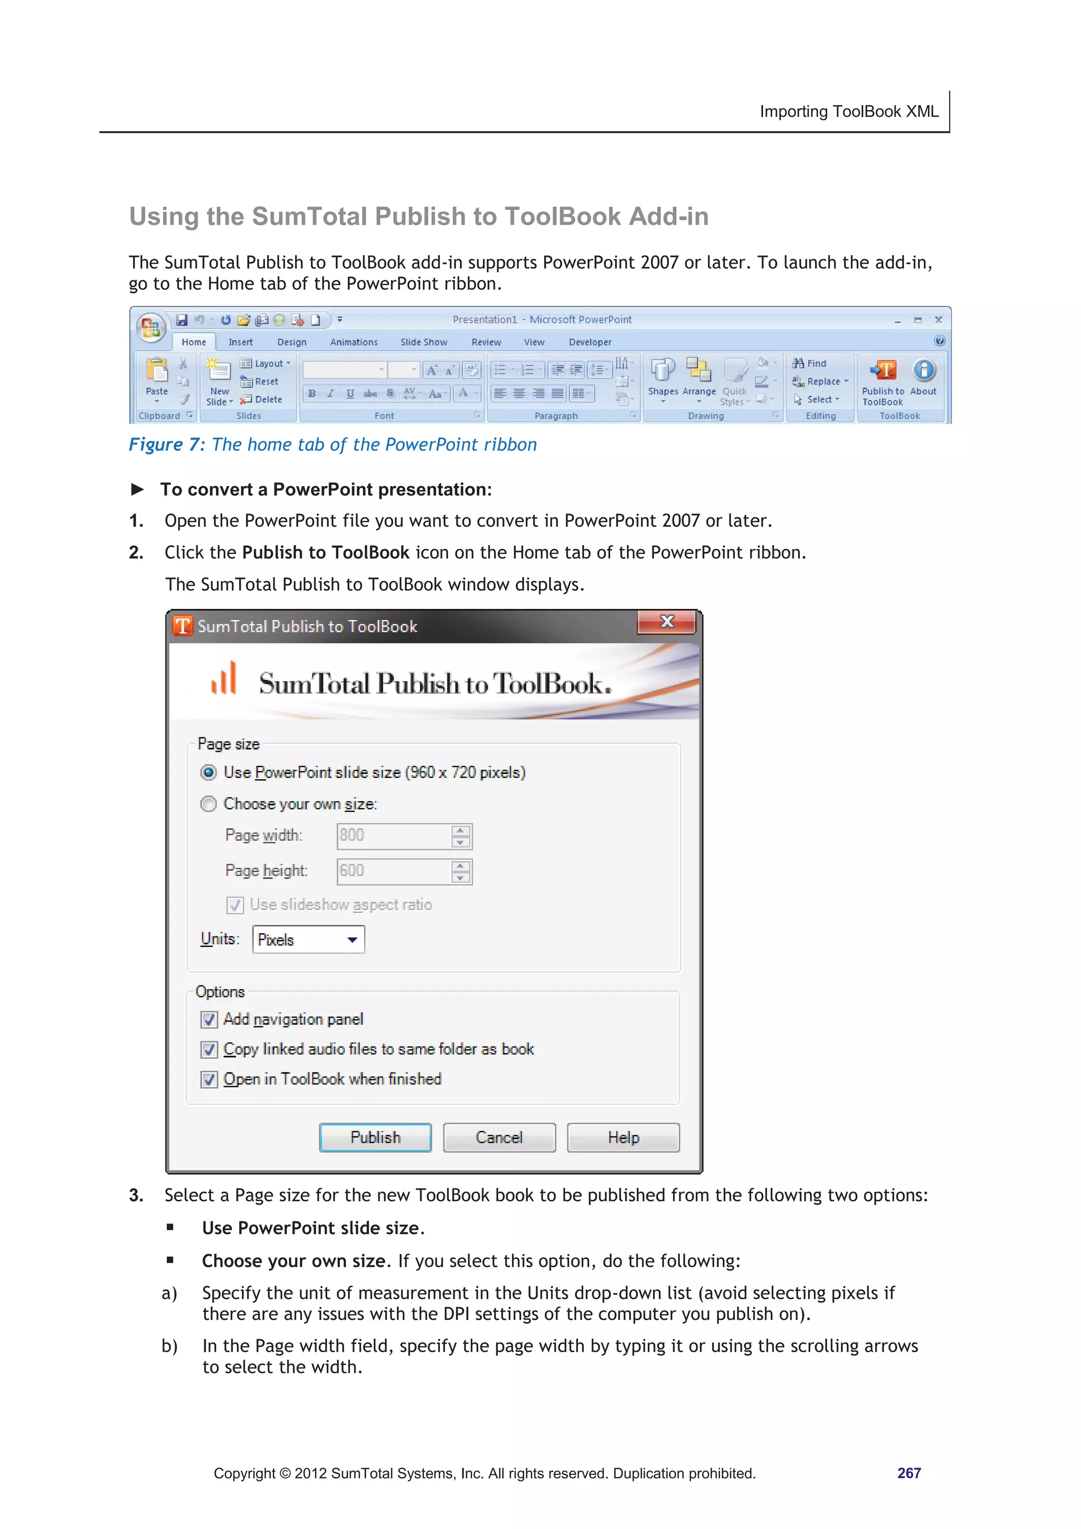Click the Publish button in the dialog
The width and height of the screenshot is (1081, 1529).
pos(375,1137)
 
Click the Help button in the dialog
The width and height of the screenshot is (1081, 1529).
pos(623,1137)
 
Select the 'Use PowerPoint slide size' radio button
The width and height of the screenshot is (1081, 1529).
pos(208,773)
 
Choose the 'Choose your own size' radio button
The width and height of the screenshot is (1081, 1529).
pos(208,804)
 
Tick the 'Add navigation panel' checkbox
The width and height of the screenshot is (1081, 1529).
pos(209,1020)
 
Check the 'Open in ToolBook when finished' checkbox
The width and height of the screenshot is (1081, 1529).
pos(209,1079)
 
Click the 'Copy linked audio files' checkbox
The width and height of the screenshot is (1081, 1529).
pos(209,1050)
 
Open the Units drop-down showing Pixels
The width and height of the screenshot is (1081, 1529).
pos(308,939)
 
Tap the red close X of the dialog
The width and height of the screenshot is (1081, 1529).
pos(667,622)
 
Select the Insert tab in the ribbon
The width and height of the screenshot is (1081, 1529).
pos(241,343)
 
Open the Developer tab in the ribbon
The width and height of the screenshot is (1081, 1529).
pos(590,343)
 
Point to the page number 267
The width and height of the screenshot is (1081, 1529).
pos(908,1473)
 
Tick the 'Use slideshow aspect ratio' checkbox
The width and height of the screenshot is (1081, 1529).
pos(234,905)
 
